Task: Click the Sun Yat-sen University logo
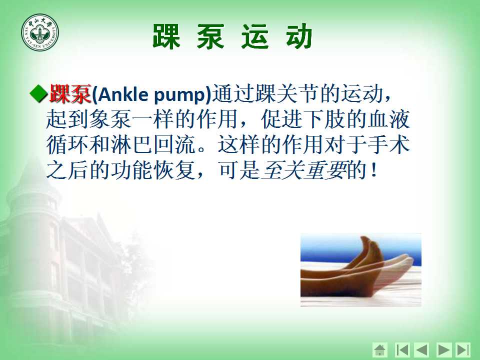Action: click(40, 32)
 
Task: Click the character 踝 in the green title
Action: click(166, 36)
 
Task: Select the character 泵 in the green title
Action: click(210, 36)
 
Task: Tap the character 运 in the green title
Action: click(255, 36)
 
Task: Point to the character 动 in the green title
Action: click(299, 36)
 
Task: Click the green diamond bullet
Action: click(38, 93)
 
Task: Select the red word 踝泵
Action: click(70, 93)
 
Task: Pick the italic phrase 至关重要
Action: click(304, 170)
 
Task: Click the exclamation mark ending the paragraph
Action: click(373, 170)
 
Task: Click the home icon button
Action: click(380, 349)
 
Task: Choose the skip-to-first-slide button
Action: click(402, 349)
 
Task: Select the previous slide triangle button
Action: click(422, 349)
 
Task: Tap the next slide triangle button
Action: click(443, 349)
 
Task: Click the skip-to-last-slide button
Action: click(463, 349)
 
